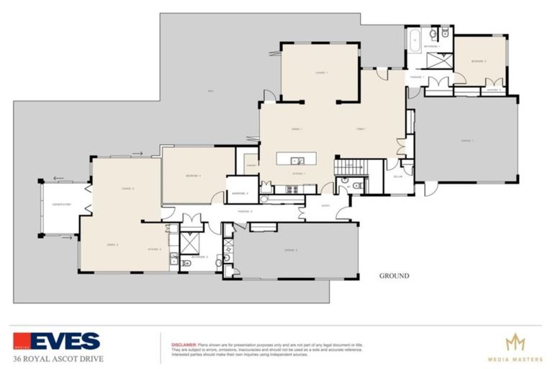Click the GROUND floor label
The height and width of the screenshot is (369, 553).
coord(394,275)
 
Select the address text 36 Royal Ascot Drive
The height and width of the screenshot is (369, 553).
coord(58,358)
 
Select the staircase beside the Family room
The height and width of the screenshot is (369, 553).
coord(351,167)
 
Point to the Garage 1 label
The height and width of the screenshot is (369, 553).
coord(467,141)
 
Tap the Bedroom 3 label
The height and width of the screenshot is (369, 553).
coord(479,61)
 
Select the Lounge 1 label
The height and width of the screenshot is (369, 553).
coord(321,73)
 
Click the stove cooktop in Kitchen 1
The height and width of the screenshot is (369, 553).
coord(292,190)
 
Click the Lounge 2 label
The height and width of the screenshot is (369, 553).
coord(129,189)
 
